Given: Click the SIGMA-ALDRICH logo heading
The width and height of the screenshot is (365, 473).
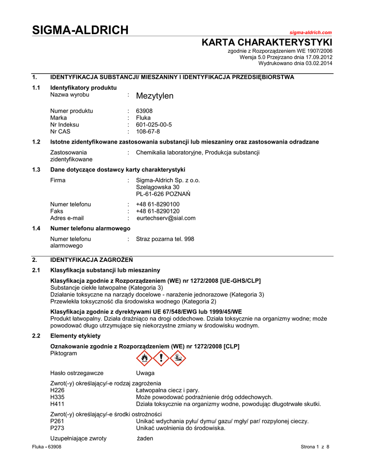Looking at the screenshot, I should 80,30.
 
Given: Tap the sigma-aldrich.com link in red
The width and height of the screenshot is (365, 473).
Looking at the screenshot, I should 311,32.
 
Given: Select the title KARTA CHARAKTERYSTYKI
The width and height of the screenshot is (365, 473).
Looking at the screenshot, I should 267,42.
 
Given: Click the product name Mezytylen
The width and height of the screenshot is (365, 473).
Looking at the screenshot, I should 155,96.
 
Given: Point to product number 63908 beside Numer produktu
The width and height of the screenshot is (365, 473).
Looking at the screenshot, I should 144,111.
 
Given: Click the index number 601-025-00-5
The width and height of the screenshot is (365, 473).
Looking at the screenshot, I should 154,125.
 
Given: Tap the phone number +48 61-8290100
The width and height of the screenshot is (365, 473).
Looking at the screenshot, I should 158,204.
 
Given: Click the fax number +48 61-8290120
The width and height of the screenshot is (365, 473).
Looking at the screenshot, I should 158,211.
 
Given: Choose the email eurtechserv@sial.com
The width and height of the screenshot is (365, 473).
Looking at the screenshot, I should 166,218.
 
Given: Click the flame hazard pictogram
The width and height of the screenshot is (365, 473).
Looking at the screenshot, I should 145,358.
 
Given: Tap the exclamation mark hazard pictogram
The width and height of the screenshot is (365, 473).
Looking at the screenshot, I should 161,358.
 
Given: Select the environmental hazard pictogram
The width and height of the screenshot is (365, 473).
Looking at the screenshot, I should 177,358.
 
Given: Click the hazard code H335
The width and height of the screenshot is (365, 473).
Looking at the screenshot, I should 57,397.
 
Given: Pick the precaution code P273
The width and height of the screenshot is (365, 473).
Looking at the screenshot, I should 57,428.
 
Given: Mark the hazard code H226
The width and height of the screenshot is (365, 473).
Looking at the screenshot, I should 57,390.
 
